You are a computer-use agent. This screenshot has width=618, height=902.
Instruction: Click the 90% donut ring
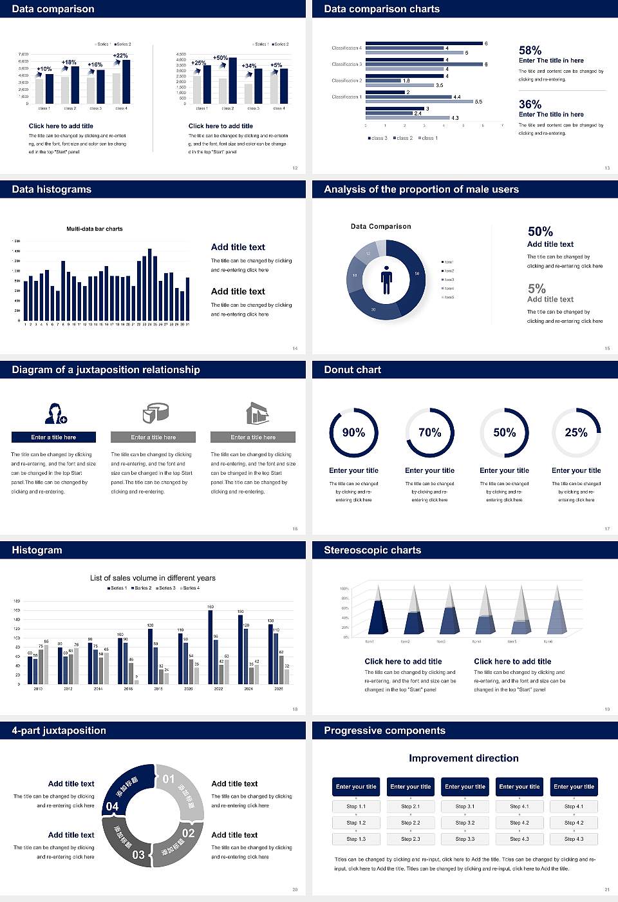point(353,432)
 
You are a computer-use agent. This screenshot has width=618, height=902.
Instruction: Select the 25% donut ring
point(576,432)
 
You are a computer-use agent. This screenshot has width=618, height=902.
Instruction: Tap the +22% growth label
point(120,55)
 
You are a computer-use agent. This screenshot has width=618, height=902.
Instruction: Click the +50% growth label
point(220,57)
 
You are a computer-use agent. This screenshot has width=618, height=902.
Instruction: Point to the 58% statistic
point(530,50)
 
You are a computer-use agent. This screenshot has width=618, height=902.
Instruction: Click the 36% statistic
point(530,104)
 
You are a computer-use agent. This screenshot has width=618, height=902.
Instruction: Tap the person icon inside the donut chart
point(386,280)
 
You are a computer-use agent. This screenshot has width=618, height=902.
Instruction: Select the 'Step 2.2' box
point(411,823)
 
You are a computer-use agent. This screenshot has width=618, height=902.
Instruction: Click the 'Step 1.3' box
point(356,839)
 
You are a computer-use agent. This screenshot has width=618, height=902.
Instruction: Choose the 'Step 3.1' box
point(465,807)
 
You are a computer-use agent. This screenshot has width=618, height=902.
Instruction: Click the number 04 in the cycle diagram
point(112,807)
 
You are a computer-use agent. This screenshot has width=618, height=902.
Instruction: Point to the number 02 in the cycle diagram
point(188,833)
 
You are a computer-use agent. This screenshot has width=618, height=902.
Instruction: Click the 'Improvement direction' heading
point(464,758)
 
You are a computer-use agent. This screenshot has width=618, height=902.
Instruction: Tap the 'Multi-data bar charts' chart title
point(95,229)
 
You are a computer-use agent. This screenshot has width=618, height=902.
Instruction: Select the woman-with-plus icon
point(56,413)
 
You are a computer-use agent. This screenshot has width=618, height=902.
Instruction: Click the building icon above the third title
point(257,413)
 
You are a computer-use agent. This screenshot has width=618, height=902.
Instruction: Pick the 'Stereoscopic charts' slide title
point(372,550)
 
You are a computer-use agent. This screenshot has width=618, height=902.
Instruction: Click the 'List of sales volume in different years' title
point(153,578)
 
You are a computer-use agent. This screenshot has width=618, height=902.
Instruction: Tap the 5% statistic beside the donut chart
point(536,289)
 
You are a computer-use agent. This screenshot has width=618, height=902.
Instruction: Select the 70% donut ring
point(430,432)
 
